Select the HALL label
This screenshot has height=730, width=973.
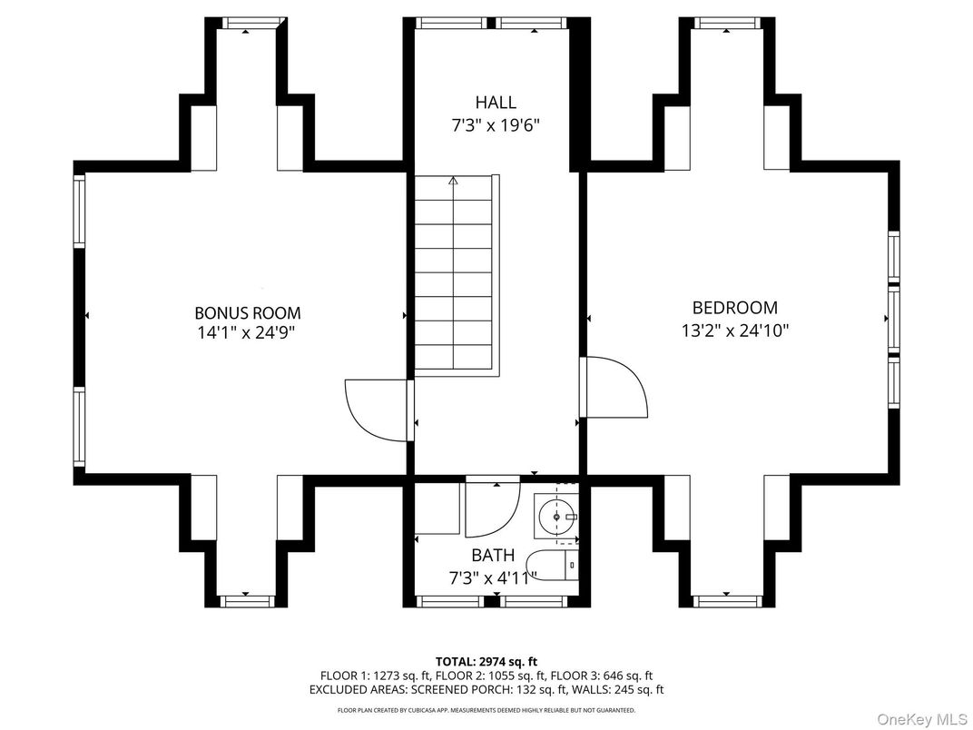click(x=496, y=103)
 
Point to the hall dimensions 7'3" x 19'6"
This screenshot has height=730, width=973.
click(x=496, y=125)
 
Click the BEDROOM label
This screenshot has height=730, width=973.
click(x=734, y=308)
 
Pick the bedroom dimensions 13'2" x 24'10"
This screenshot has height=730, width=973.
click(x=734, y=330)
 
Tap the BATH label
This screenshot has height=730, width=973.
click(x=493, y=555)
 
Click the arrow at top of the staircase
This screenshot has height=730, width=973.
click(x=453, y=182)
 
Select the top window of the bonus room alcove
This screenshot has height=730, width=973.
click(x=248, y=23)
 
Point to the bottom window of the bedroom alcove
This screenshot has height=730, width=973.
click(x=726, y=600)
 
